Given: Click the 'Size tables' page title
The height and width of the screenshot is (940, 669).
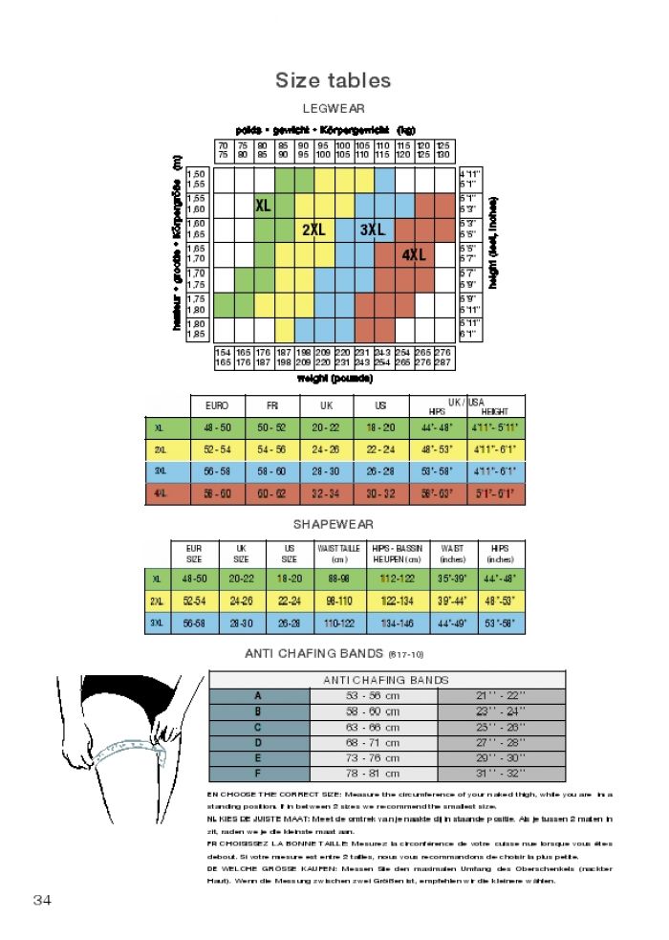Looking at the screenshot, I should tap(333, 80).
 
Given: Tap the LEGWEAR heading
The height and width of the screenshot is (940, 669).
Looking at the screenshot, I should tap(333, 109).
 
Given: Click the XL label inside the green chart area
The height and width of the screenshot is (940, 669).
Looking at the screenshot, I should tap(263, 206).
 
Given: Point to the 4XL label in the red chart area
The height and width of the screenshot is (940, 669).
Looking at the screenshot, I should tap(414, 255).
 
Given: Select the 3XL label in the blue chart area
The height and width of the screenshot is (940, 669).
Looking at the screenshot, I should tap(373, 230).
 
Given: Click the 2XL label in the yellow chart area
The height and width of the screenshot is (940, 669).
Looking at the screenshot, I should tap(313, 230).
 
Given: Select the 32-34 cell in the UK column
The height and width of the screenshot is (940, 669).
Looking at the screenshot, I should tap(326, 492).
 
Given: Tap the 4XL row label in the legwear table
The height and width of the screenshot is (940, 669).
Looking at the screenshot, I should tap(160, 492).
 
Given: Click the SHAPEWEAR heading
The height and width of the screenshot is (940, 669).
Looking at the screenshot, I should tap(333, 524).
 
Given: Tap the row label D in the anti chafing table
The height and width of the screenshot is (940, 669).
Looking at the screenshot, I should tap(257, 742).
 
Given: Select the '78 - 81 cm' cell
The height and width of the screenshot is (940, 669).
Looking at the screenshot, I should tap(373, 773).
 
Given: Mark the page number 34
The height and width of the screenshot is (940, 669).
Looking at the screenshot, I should tap(43, 900).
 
